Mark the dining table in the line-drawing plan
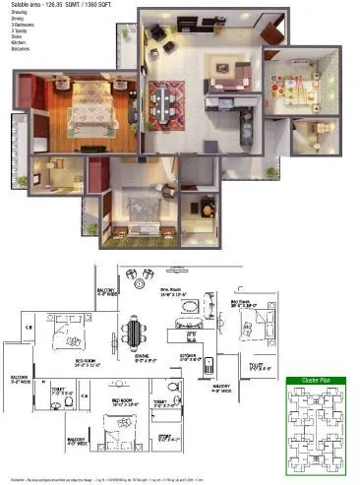tap(133, 334)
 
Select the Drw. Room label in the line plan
tap(173, 289)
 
